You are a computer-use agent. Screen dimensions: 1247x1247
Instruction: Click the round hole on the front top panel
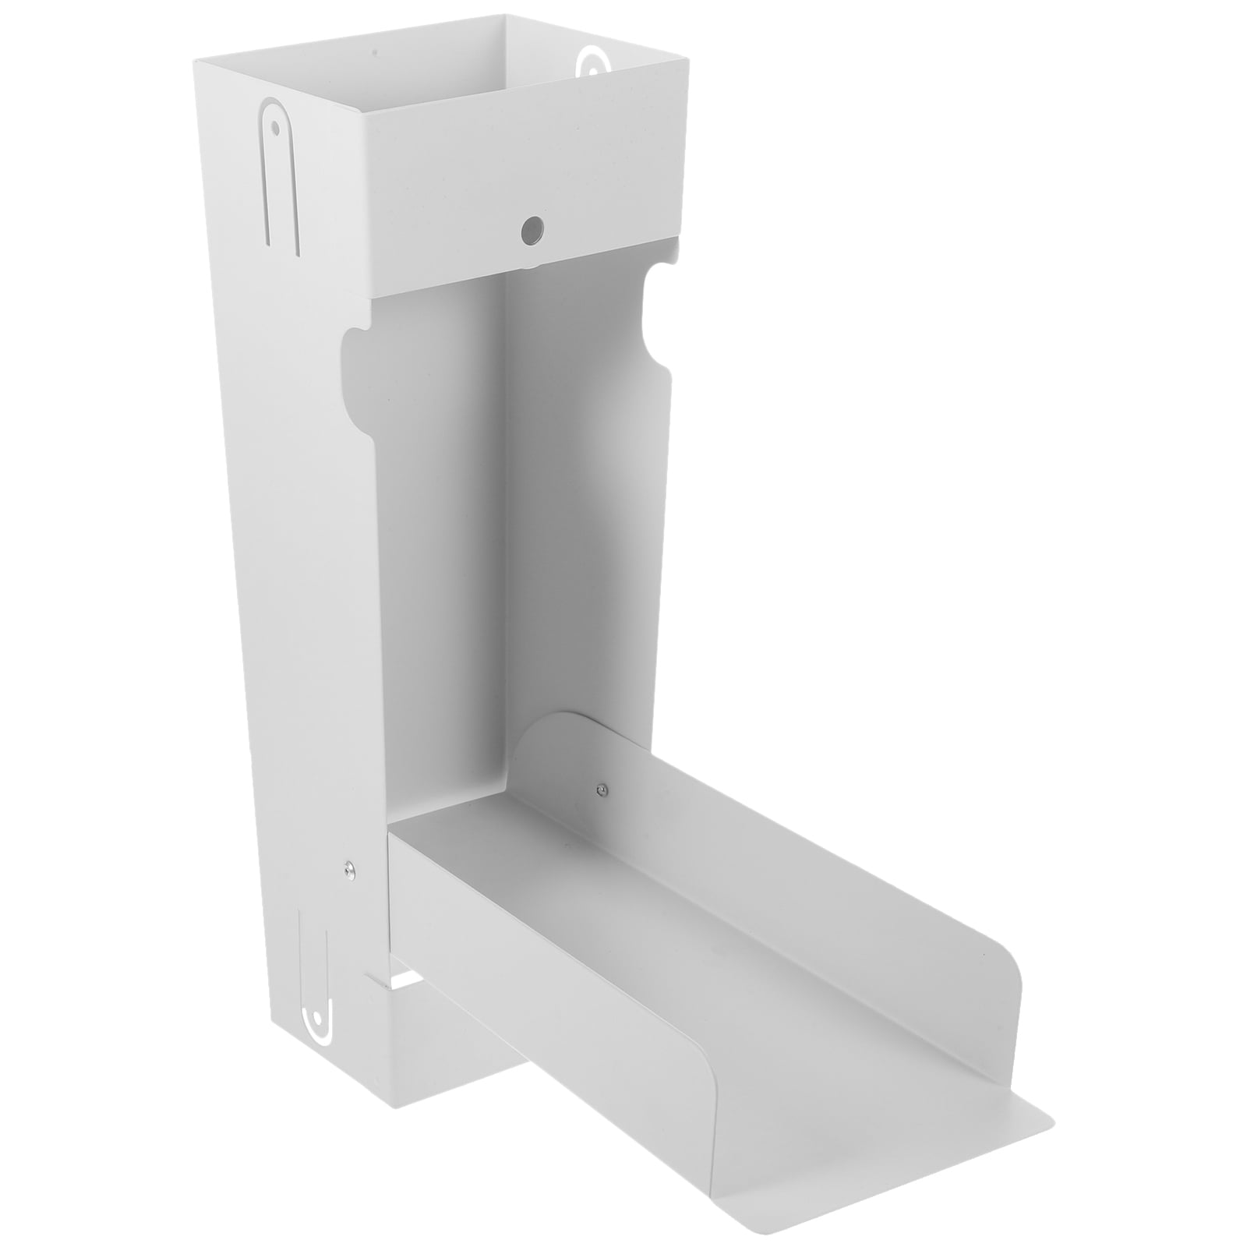(x=532, y=228)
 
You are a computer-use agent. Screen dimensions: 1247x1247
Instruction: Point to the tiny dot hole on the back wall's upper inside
(x=375, y=53)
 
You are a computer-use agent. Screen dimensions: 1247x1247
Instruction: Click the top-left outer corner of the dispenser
(x=195, y=61)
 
